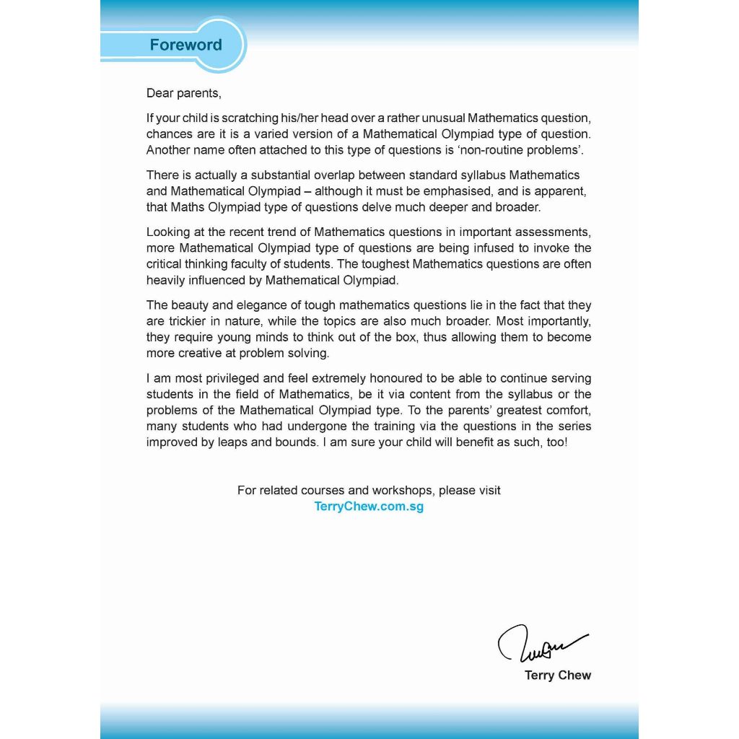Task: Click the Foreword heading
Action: [185, 45]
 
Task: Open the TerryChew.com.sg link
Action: [369, 507]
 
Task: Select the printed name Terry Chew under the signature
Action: [558, 675]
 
